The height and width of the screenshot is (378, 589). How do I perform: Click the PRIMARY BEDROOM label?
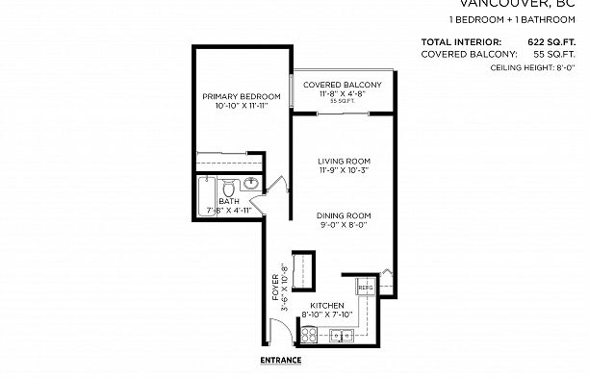(242, 96)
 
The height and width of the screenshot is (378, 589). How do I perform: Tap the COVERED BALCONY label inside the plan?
(343, 86)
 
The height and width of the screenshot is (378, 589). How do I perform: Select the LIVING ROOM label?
(345, 161)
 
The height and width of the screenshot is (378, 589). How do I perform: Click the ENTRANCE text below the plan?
(281, 361)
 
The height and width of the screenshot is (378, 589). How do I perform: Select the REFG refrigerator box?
(366, 288)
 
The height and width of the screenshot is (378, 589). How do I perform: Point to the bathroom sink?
(250, 183)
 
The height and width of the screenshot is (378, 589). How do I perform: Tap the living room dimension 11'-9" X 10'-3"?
(345, 171)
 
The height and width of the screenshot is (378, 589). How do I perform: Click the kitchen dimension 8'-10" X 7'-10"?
(328, 315)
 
